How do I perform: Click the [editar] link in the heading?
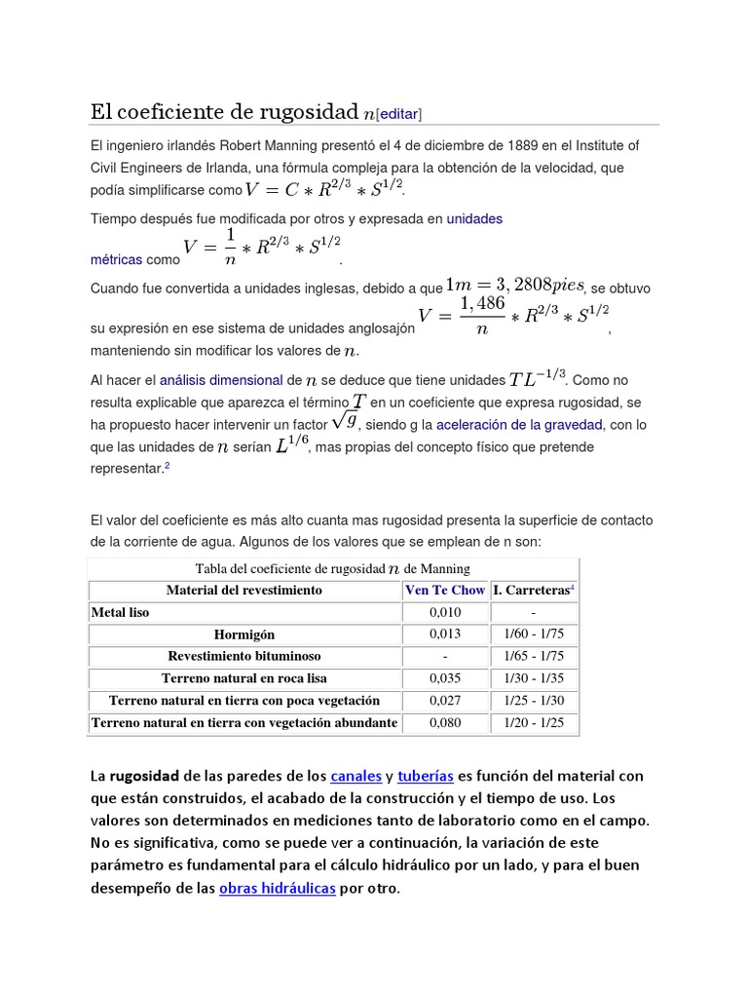click(x=398, y=114)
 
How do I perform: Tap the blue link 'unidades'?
click(x=474, y=219)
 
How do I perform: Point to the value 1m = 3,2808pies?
click(x=514, y=285)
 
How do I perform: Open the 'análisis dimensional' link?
click(x=222, y=380)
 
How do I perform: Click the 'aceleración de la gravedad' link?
click(x=520, y=425)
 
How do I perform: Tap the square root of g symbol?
click(x=344, y=421)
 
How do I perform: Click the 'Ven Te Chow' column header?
click(x=444, y=590)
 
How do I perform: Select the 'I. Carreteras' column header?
click(x=534, y=590)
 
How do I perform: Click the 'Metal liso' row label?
click(x=121, y=612)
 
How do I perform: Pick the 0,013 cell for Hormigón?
click(x=444, y=634)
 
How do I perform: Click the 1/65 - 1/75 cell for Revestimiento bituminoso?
click(x=534, y=656)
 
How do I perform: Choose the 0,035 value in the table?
click(x=444, y=678)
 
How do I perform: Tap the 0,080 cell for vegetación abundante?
click(x=444, y=723)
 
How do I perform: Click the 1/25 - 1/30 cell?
click(x=534, y=701)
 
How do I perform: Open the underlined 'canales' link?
click(x=355, y=777)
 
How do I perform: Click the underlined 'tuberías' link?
click(x=427, y=777)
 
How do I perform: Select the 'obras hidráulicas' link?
click(x=278, y=889)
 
